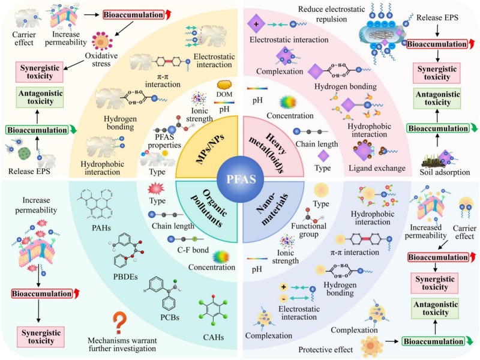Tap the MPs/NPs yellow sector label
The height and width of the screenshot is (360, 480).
[x=203, y=147]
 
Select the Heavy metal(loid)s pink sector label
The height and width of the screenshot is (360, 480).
[x=276, y=147]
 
